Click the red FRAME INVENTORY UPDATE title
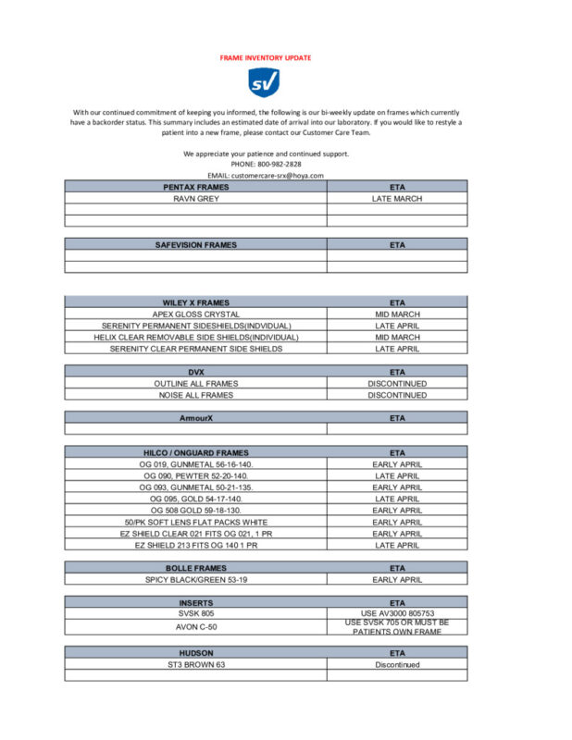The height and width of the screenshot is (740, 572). [x=266, y=57]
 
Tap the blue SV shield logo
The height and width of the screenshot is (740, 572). [x=265, y=83]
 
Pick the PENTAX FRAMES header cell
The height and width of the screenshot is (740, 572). [x=195, y=187]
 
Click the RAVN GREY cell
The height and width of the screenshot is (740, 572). [x=195, y=199]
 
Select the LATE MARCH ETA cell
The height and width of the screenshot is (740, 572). [x=397, y=199]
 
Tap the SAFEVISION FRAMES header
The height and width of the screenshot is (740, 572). [x=195, y=245]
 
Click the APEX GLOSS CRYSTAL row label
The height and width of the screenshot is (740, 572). [x=195, y=314]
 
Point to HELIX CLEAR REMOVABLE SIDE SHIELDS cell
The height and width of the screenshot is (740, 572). [x=195, y=338]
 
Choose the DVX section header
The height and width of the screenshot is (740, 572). [x=195, y=372]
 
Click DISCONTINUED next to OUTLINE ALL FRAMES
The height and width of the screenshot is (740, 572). [x=397, y=384]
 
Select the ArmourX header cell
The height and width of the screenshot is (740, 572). [x=195, y=418]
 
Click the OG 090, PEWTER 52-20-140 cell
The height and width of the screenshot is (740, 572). [x=195, y=475]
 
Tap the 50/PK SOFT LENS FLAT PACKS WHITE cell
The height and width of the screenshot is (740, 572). [x=195, y=522]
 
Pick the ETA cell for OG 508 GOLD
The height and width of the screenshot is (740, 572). [x=397, y=511]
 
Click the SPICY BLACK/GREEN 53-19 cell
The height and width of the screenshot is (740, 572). [x=195, y=580]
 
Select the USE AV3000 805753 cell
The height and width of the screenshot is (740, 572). [x=397, y=612]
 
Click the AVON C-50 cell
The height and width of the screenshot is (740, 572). [x=195, y=626]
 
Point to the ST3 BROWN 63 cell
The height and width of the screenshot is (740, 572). [x=195, y=665]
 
